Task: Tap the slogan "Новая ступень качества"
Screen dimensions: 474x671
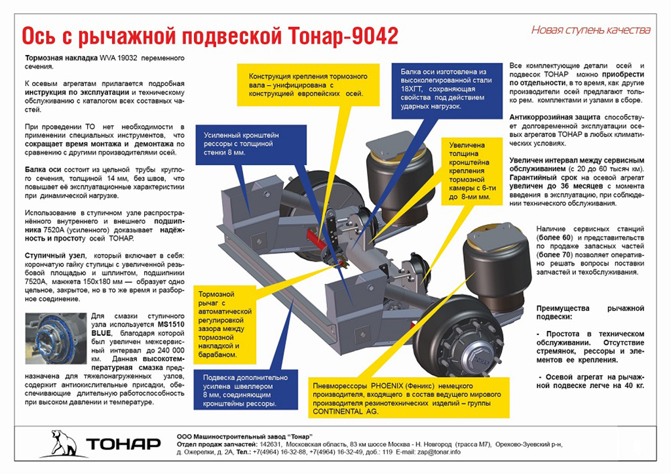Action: click(x=590, y=30)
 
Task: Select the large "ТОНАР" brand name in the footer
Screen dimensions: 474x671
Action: click(x=124, y=444)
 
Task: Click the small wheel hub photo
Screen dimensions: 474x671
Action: click(x=56, y=338)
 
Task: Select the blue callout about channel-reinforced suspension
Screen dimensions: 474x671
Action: click(x=245, y=390)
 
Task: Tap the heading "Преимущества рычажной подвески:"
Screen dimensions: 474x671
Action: click(x=590, y=313)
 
